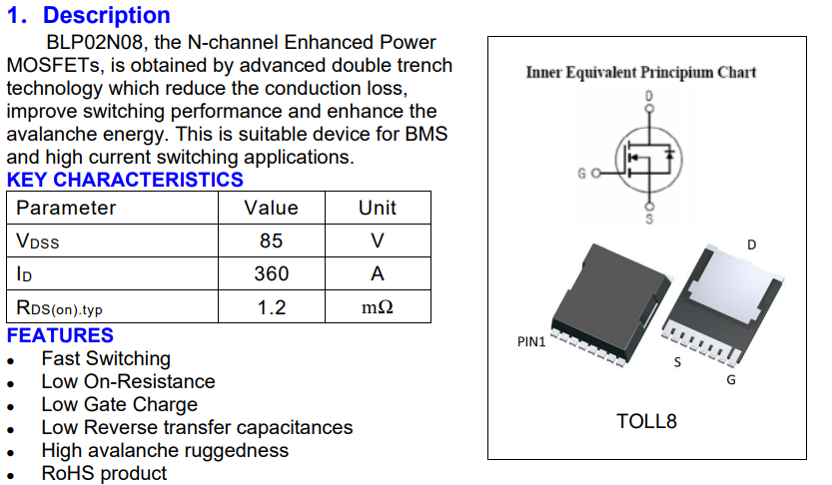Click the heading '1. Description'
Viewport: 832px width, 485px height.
(89, 16)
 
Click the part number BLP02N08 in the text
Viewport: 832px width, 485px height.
(94, 43)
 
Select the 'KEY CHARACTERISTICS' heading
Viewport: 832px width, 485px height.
(125, 180)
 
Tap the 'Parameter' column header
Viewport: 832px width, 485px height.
(66, 208)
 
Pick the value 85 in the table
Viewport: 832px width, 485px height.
(271, 241)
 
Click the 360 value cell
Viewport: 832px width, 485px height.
(271, 273)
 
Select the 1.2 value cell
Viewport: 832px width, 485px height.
(271, 307)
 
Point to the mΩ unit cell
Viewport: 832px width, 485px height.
(377, 307)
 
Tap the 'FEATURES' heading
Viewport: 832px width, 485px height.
(60, 335)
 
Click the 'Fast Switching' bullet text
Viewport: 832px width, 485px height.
(106, 358)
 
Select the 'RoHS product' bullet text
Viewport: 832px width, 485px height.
(104, 473)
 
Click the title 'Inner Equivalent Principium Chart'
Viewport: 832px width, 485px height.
(640, 72)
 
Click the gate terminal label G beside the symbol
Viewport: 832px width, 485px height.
(581, 174)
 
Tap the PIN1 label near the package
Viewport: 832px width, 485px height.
(531, 341)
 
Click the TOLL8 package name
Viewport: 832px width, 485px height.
(646, 421)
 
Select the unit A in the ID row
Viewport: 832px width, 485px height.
(377, 273)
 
